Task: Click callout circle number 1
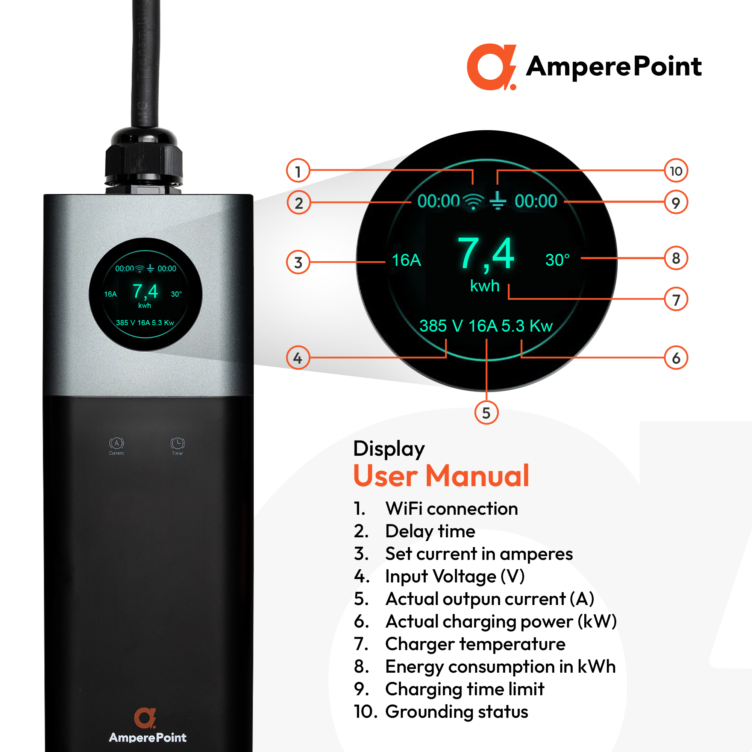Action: pos(298,170)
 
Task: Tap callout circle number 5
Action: pos(486,412)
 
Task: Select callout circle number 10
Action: pos(676,170)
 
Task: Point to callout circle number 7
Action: pos(676,299)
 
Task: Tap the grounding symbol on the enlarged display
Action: pos(497,201)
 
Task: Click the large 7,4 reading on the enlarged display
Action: pos(486,254)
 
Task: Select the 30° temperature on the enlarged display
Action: pos(557,259)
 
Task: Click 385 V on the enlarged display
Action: pos(441,326)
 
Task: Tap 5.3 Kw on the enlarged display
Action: pos(527,326)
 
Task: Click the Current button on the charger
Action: pos(117,446)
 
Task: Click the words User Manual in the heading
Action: pos(441,475)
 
